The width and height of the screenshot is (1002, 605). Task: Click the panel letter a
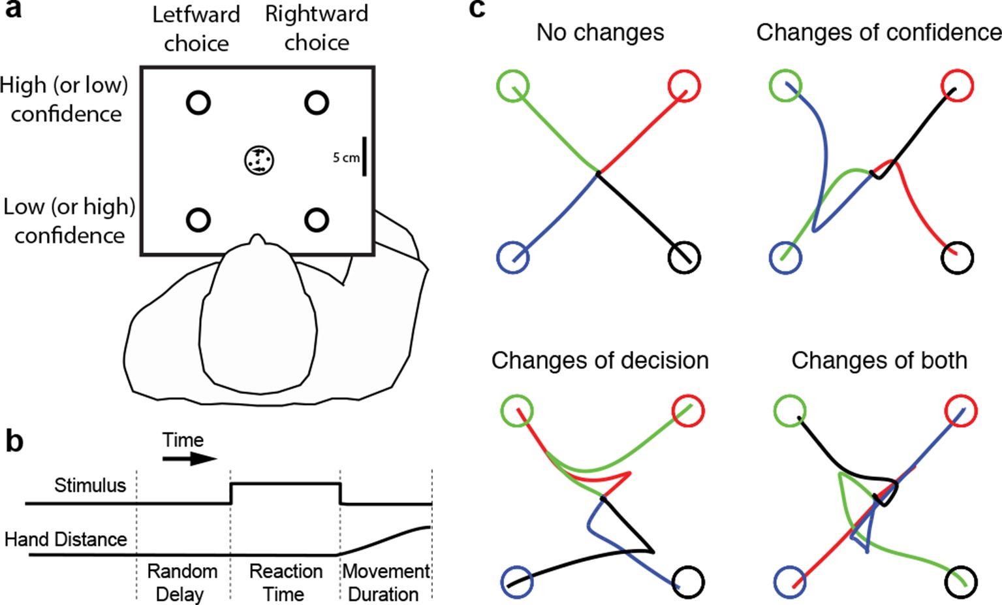13,10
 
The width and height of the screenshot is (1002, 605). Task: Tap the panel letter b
14,442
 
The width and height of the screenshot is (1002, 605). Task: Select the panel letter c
477,9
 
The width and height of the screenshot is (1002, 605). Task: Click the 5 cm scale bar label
346,157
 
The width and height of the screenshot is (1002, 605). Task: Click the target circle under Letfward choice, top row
198,103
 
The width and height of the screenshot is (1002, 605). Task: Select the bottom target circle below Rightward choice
317,220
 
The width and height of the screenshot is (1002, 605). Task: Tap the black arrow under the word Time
189,459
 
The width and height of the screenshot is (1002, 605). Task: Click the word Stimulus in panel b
90,485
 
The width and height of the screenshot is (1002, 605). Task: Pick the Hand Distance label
66,539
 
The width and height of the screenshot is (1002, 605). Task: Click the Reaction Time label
285,582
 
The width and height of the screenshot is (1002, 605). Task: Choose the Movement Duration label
385,582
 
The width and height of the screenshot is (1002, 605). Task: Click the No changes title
600,33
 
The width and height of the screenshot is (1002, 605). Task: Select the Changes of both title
879,361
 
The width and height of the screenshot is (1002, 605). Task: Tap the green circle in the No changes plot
512,86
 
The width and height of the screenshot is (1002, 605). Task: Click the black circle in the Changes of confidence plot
958,257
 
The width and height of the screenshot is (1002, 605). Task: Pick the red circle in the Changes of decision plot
688,412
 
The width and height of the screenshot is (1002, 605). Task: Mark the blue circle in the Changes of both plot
790,582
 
